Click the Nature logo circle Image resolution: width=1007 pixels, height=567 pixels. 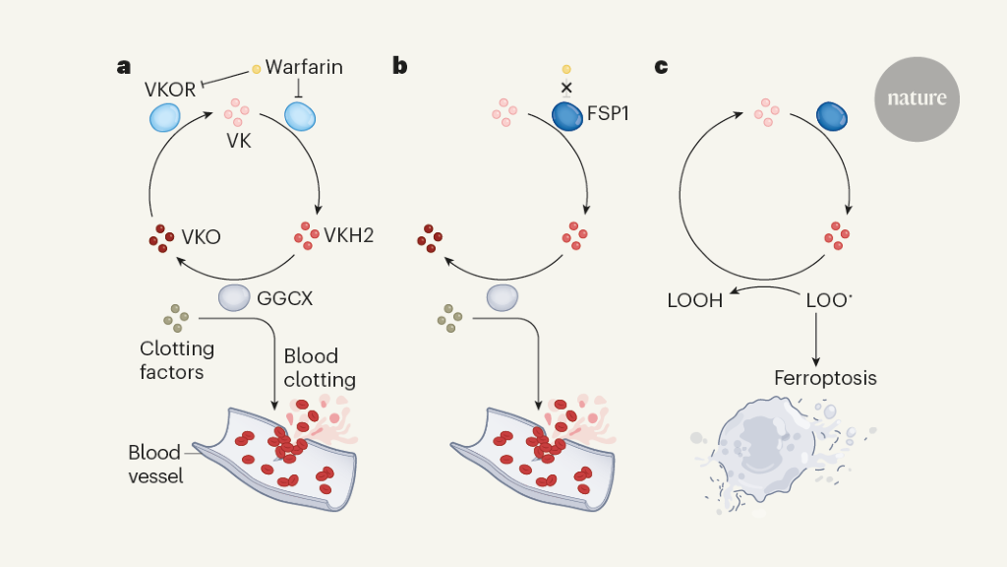[917, 98]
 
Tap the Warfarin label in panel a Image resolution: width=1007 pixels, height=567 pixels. [304, 68]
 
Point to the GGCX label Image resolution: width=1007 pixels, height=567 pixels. [284, 297]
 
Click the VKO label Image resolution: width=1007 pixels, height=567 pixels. [201, 237]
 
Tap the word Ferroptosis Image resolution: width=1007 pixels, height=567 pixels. [826, 378]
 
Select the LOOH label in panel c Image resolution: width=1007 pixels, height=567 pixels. [695, 300]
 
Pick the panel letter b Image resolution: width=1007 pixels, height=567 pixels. [400, 67]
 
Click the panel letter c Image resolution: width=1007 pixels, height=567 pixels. [661, 67]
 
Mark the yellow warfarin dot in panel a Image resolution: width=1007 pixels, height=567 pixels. [257, 69]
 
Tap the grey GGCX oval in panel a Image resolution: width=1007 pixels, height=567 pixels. [235, 297]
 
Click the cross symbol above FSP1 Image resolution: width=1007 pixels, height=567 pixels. [566, 88]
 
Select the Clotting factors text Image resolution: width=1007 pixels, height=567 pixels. [177, 360]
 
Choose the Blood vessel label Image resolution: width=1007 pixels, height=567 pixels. [154, 465]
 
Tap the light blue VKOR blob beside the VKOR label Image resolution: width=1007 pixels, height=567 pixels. [163, 118]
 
